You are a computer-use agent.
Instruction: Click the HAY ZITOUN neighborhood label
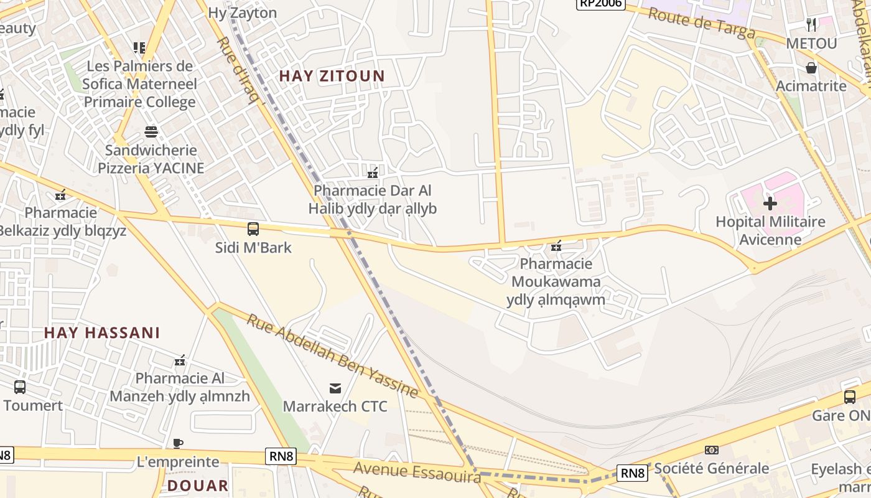[332, 76]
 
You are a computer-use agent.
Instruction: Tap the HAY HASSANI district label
[102, 333]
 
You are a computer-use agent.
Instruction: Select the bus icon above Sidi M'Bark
[253, 229]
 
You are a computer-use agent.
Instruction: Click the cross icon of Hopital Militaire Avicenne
[770, 204]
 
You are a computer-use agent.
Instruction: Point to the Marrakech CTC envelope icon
[335, 389]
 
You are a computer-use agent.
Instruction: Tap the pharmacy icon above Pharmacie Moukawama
[556, 247]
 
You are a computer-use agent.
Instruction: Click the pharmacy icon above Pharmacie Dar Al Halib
[373, 172]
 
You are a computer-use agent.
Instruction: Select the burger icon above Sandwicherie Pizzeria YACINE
[151, 132]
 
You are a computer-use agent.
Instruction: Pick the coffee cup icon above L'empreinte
[178, 444]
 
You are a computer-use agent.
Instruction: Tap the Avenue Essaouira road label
[417, 471]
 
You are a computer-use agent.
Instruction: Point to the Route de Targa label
[702, 24]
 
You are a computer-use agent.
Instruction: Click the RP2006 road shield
[600, 4]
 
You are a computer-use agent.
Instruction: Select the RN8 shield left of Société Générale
[632, 473]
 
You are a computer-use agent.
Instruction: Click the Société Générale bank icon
[711, 450]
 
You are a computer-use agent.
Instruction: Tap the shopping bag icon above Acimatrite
[811, 68]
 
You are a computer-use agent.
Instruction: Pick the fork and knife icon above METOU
[811, 25]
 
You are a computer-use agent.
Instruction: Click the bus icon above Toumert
[20, 387]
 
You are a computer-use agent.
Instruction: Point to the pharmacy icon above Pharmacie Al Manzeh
[180, 360]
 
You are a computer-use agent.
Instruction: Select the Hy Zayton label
[243, 12]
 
